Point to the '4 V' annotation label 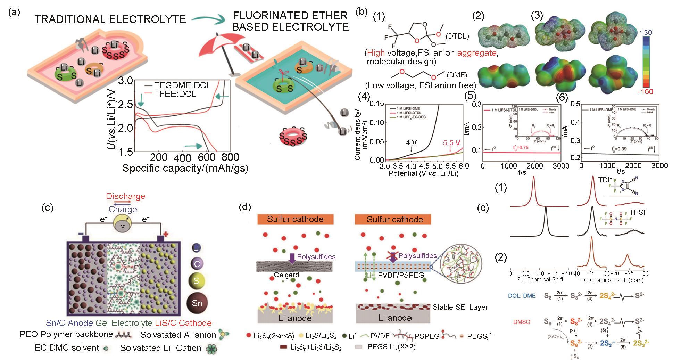pos(412,143)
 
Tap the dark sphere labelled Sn pos(197,303)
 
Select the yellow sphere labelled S pos(197,281)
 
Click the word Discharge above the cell pos(126,196)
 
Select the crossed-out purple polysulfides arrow pos(393,256)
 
